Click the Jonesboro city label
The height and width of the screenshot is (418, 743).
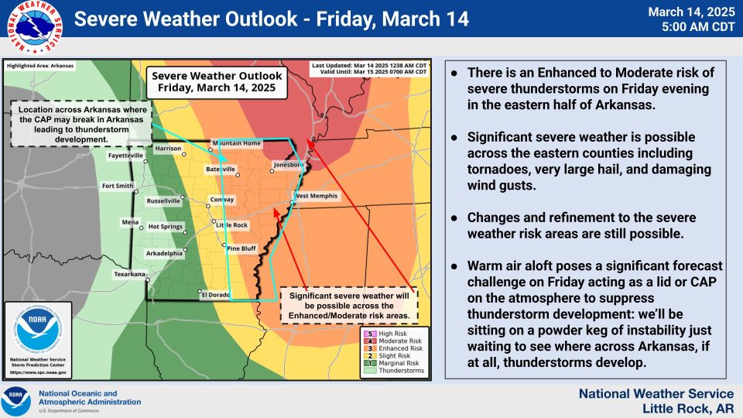[289, 164]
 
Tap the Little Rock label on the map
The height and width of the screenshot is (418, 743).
[232, 225]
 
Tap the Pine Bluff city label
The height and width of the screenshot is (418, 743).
[241, 248]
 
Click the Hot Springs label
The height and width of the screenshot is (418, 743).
[166, 227]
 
